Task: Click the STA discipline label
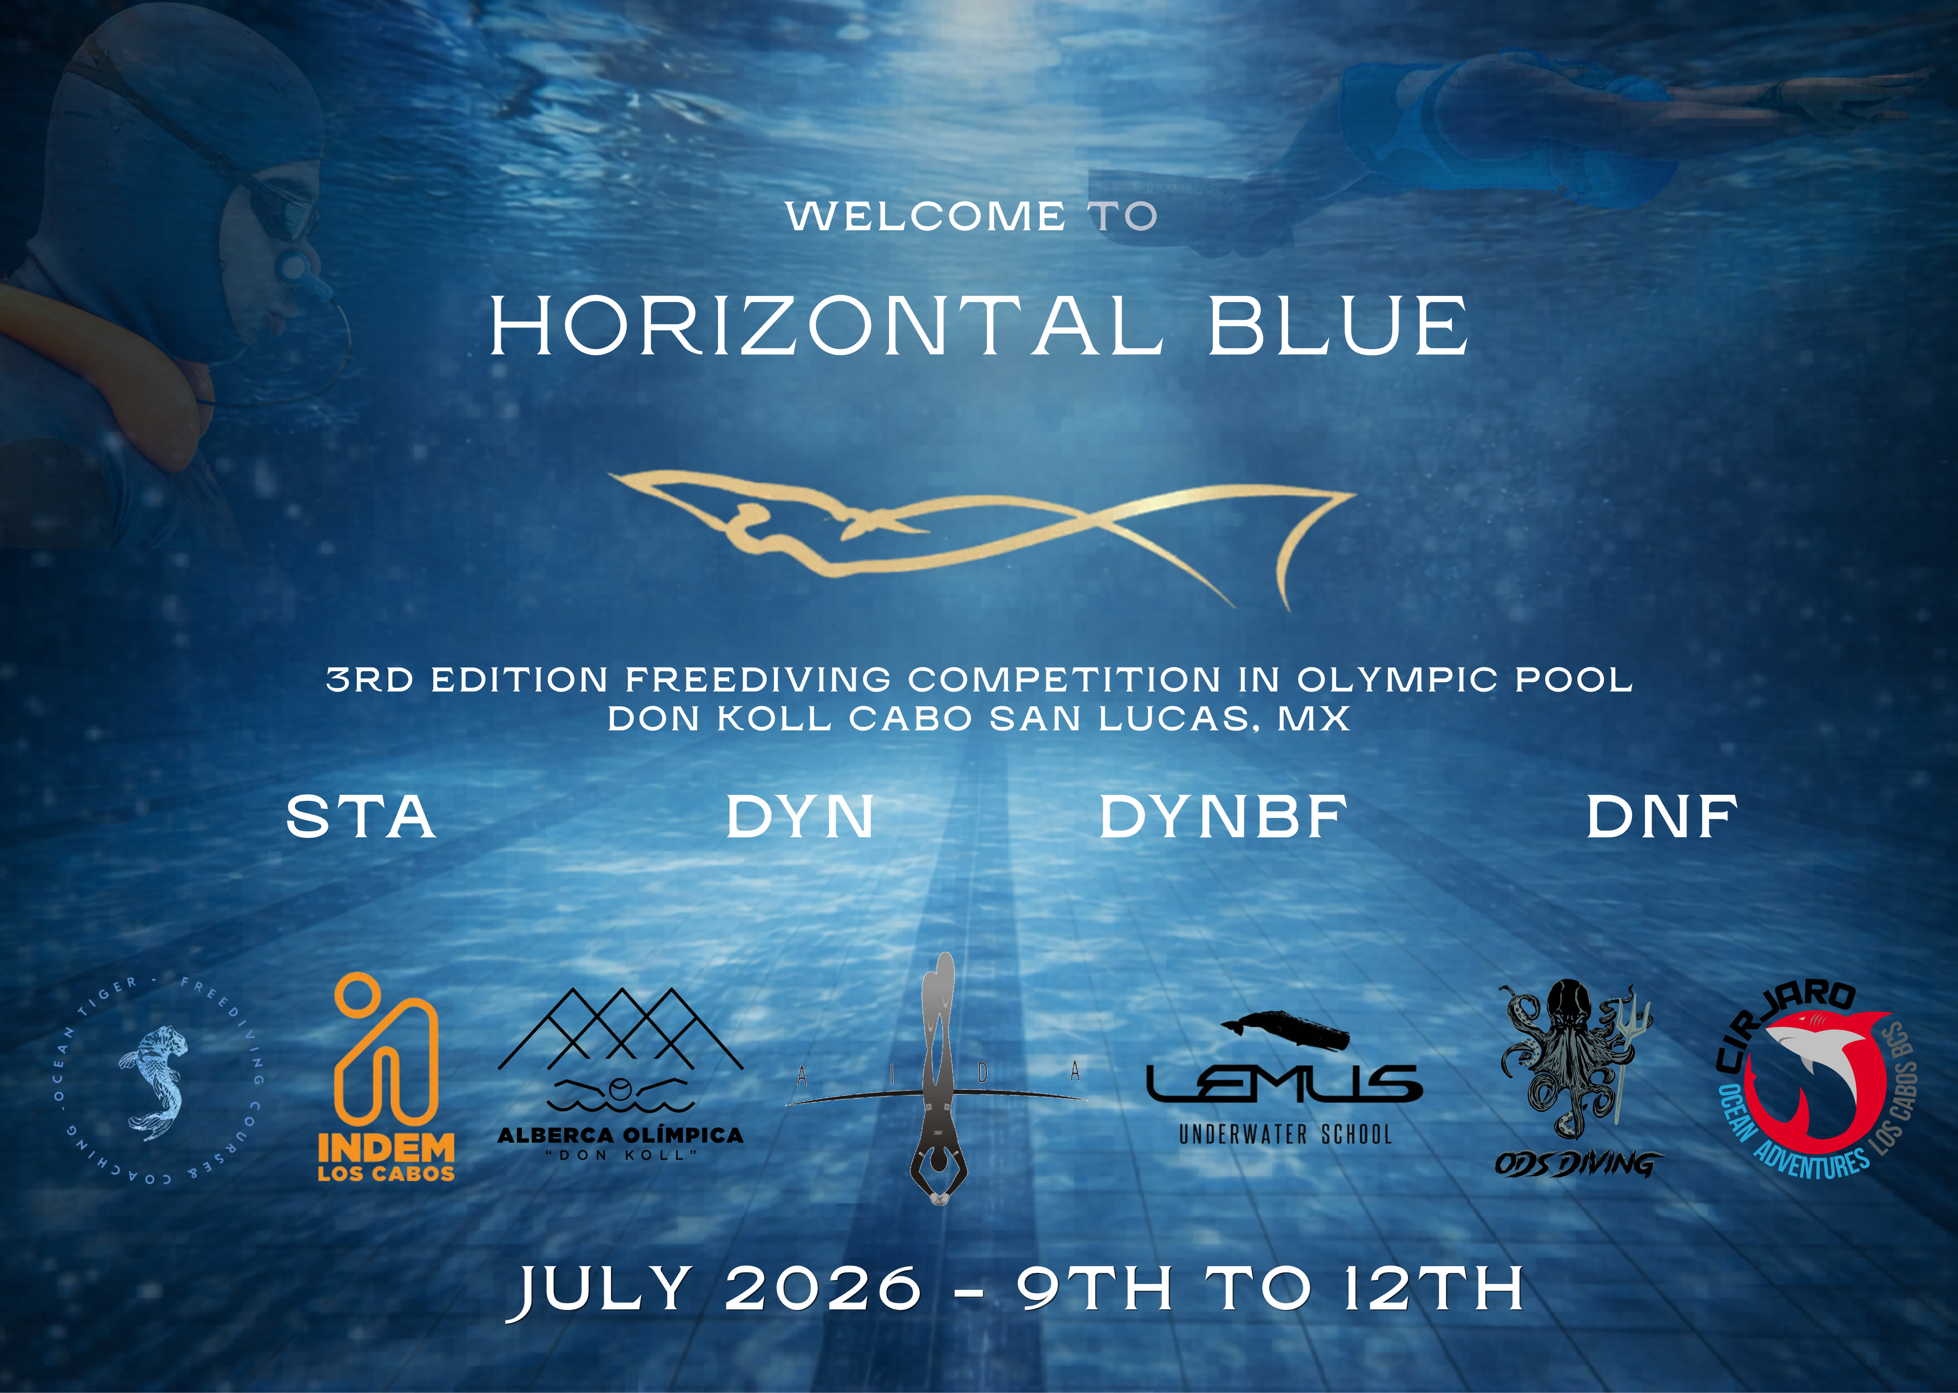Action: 361,816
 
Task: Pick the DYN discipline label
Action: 799,816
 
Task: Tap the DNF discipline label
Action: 1661,816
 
